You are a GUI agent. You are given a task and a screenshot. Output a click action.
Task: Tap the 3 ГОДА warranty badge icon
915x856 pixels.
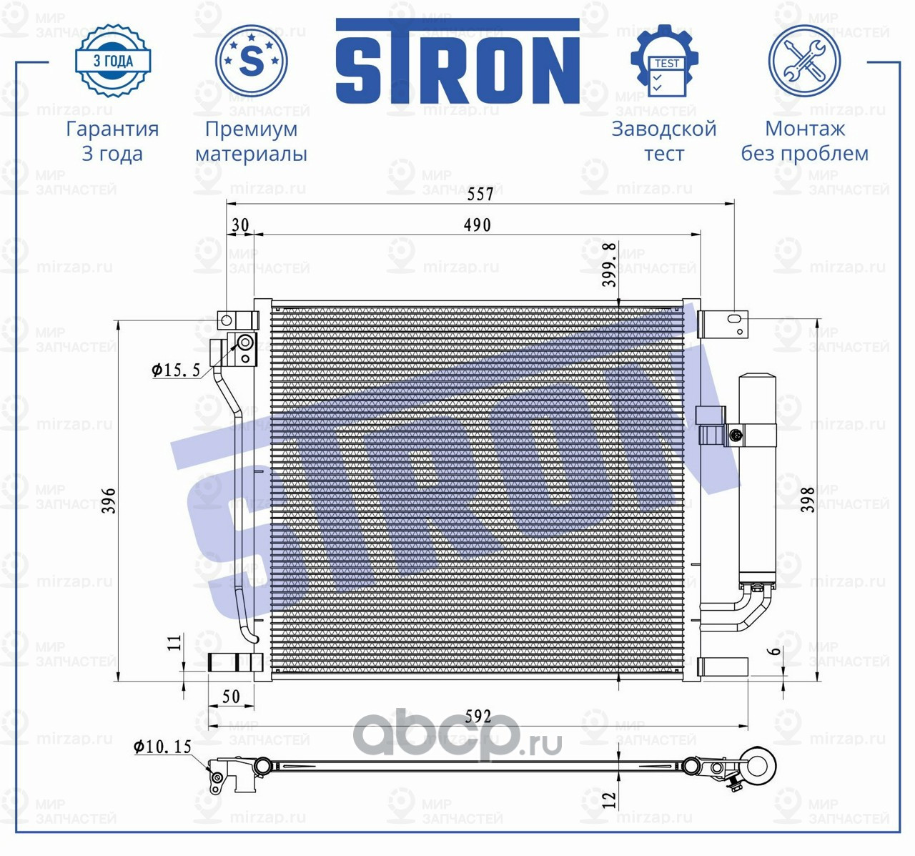pyautogui.click(x=113, y=60)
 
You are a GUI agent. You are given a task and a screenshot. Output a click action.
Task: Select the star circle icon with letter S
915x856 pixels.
pyautogui.click(x=251, y=61)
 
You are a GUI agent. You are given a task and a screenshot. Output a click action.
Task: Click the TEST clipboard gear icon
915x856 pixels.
pyautogui.click(x=664, y=62)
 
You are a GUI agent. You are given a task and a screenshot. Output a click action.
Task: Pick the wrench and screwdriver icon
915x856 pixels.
pyautogui.click(x=804, y=61)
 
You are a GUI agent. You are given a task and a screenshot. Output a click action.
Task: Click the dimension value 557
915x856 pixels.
pyautogui.click(x=480, y=194)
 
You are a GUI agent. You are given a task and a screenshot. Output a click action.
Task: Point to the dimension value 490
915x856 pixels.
pyautogui.click(x=477, y=225)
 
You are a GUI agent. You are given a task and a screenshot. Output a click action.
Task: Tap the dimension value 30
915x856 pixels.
pyautogui.click(x=240, y=225)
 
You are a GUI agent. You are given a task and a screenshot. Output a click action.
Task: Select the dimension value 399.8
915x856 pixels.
pyautogui.click(x=608, y=265)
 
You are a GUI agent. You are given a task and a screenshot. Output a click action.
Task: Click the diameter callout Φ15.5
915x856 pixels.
pyautogui.click(x=176, y=370)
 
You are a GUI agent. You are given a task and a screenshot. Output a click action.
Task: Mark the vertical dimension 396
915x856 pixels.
pyautogui.click(x=109, y=501)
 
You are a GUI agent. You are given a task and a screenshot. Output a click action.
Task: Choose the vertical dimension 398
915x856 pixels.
pyautogui.click(x=808, y=500)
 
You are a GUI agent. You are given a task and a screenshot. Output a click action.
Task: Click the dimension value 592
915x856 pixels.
pyautogui.click(x=478, y=715)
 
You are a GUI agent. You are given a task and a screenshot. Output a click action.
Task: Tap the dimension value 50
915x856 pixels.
pyautogui.click(x=231, y=696)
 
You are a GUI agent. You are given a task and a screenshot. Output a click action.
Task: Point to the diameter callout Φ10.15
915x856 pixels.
pyautogui.click(x=163, y=747)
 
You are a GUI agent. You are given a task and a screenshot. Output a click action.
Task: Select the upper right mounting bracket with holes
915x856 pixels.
pyautogui.click(x=723, y=323)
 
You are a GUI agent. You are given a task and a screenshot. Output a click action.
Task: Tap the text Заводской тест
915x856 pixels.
pyautogui.click(x=663, y=141)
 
